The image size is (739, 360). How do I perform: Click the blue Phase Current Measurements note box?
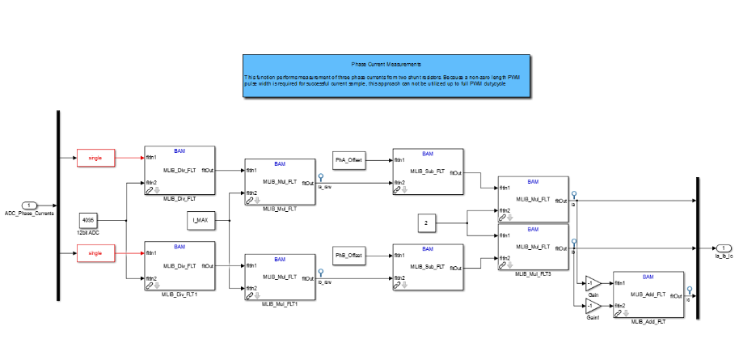point(386,76)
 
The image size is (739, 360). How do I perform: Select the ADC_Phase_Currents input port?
point(29,205)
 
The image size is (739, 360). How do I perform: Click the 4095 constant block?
point(88,220)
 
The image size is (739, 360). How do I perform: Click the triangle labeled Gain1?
point(592,305)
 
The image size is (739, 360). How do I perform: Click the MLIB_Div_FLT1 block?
point(179,265)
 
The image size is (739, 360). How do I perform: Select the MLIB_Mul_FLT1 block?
point(280,277)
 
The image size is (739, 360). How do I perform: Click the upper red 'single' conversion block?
point(95,158)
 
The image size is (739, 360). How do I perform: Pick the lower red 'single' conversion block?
point(95,255)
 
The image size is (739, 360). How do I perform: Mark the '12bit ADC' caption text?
point(88,233)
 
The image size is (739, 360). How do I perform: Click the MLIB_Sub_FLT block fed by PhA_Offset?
point(428,172)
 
